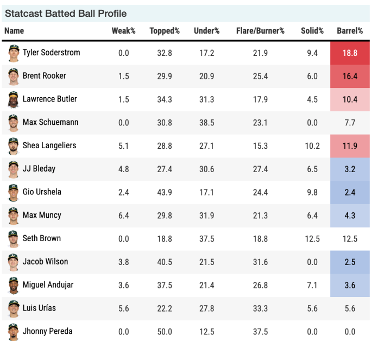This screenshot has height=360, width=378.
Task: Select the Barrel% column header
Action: pyautogui.click(x=350, y=31)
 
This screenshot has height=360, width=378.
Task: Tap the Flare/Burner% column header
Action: pyautogui.click(x=260, y=31)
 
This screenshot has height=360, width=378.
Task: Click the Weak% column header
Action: pyautogui.click(x=123, y=31)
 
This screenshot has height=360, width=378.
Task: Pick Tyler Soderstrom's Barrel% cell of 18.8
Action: pyautogui.click(x=350, y=53)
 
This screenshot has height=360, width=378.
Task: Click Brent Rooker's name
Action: pyautogui.click(x=44, y=76)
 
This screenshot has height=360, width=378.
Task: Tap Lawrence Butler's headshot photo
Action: pyautogui.click(x=14, y=99)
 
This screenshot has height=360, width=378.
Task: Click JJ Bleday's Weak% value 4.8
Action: pyautogui.click(x=123, y=169)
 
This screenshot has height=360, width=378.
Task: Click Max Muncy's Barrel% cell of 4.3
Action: pyautogui.click(x=350, y=216)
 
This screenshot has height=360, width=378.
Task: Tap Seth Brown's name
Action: pyautogui.click(x=41, y=238)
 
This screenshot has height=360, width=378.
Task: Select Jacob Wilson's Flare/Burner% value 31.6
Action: pyautogui.click(x=260, y=262)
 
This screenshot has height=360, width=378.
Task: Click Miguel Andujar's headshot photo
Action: pyautogui.click(x=14, y=285)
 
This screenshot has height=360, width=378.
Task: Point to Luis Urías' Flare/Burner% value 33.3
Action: pyautogui.click(x=260, y=308)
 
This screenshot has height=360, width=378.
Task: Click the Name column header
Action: pyautogui.click(x=14, y=31)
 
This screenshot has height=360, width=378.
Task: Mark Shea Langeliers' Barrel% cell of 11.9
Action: pyautogui.click(x=350, y=146)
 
